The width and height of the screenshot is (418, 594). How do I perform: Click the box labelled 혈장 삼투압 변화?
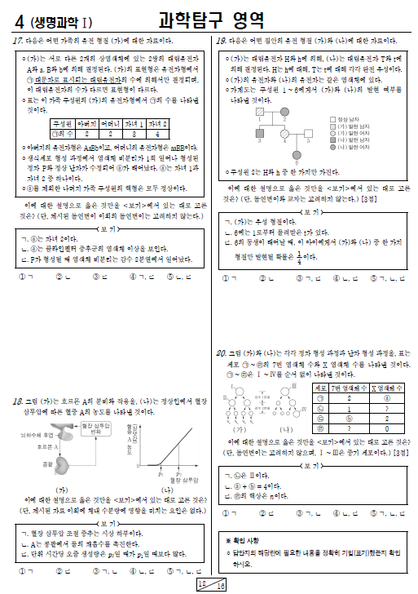pos(97,430)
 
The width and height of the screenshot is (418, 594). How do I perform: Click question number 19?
pos(219,39)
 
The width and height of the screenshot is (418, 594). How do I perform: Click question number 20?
pos(219,352)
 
